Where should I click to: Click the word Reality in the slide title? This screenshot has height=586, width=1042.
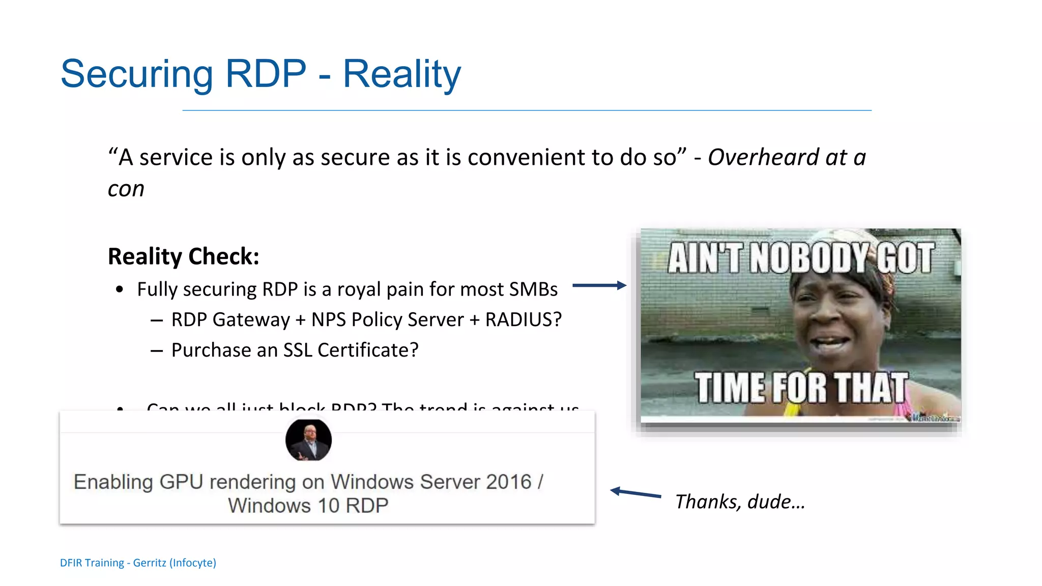pos(401,74)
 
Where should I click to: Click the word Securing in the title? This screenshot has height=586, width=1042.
pos(136,74)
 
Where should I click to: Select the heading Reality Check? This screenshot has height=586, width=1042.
pos(183,256)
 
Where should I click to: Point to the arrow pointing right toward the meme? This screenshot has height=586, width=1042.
pos(599,285)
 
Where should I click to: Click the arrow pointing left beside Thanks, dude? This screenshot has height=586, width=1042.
pos(635,492)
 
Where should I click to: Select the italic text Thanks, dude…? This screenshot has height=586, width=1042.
pos(740,502)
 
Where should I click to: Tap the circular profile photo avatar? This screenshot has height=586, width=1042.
pos(308,440)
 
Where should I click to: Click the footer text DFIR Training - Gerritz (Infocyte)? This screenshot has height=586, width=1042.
pos(138,563)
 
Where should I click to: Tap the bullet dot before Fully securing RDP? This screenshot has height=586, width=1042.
pos(120,289)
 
